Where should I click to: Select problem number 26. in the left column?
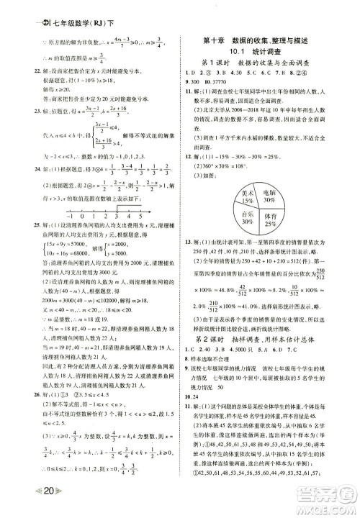19,373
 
